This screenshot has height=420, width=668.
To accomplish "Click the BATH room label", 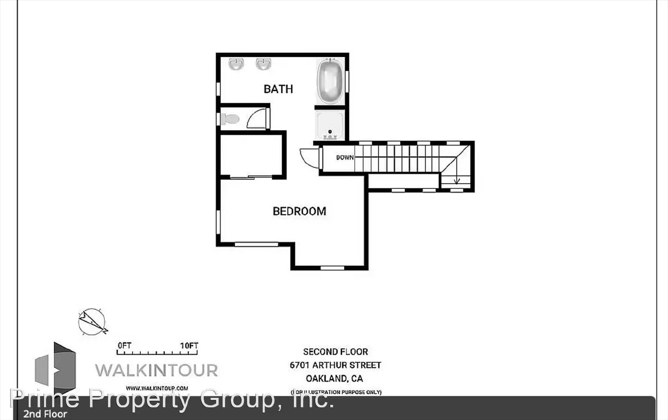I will pos(278,89).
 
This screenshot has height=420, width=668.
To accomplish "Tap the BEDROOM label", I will pos(299,211).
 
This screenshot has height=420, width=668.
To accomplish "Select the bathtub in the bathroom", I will pos(330,81).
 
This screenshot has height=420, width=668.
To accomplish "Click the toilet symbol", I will pos(229,119).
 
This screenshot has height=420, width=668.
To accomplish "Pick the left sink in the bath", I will pos(236,64).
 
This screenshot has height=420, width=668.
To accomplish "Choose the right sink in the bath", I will pos(263,64).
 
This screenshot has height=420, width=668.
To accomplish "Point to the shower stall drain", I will pos(330,132).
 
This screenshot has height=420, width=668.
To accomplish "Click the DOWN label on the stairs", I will pos(345,158).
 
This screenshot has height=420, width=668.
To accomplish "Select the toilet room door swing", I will pos(257,119).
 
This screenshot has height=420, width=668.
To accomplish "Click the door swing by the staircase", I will pos(309,158).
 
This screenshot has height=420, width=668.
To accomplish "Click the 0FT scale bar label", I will pos(124,346).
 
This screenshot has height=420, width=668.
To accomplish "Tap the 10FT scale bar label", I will pos(189,346).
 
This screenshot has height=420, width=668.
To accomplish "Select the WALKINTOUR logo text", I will pos(157,370).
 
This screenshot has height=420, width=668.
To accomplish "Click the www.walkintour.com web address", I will pos(157,388).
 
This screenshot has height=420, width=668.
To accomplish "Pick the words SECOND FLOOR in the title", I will pos(336,352).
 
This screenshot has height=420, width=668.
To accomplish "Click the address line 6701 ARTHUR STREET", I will pos(336,365).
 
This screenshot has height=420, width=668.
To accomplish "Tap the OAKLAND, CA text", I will pos(334,379).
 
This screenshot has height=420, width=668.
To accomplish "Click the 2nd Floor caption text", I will pos(45,414).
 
